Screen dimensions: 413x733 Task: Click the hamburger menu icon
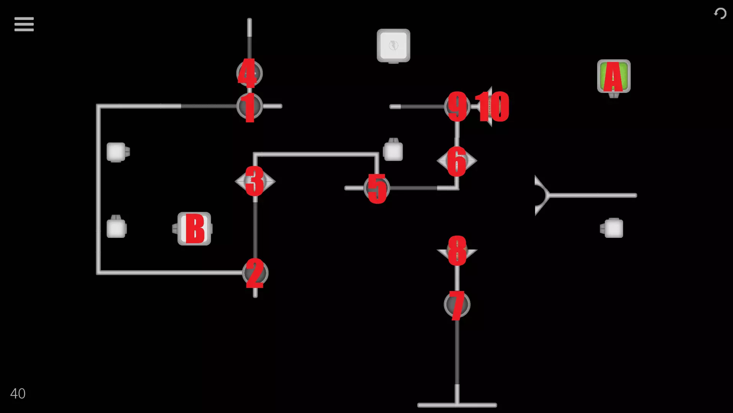(x=24, y=24)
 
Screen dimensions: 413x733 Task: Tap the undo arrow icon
(x=720, y=14)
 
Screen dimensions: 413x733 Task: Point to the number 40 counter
(x=18, y=393)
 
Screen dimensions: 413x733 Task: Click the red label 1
(x=249, y=107)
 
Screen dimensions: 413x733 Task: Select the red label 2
(x=255, y=273)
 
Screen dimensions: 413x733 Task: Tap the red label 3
(x=255, y=181)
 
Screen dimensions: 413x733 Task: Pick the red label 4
(x=247, y=73)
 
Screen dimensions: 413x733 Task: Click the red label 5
(x=377, y=189)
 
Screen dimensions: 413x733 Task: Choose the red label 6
(x=456, y=161)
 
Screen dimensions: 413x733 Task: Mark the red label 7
(x=457, y=305)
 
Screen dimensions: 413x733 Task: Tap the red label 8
(x=457, y=251)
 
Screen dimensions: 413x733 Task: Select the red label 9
(x=457, y=106)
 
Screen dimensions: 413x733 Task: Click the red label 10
(x=492, y=107)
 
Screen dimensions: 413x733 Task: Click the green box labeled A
(x=614, y=76)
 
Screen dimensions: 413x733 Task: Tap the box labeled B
(x=194, y=229)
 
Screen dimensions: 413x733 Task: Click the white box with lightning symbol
(x=393, y=46)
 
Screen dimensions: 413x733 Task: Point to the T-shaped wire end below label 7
(x=457, y=404)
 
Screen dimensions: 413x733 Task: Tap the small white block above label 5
(x=393, y=151)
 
